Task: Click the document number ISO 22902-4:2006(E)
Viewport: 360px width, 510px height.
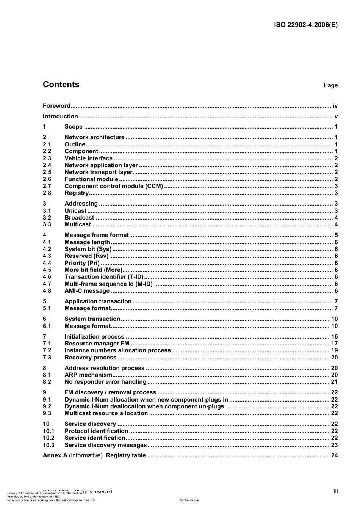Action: pos(305,25)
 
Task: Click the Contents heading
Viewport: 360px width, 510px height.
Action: pos(61,85)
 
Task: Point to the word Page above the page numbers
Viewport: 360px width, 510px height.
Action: pos(330,85)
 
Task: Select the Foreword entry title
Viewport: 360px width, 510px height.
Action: pos(56,106)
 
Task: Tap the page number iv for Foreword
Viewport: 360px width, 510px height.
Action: pos(335,106)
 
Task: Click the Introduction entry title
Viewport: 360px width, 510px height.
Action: pos(60,116)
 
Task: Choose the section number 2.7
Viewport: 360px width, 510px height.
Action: pos(47,186)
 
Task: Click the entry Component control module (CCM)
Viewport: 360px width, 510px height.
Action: pos(114,186)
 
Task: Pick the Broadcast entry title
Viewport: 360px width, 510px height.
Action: pos(79,218)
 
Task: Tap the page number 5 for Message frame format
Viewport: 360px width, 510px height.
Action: pos(336,235)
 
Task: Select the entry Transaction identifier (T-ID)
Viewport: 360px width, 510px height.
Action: pos(104,277)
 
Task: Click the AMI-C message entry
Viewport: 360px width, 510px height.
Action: pos(87,291)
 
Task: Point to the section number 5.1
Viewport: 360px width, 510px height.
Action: pos(47,308)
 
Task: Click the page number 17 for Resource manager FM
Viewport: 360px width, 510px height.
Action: pos(334,344)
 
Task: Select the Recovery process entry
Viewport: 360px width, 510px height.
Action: pos(91,358)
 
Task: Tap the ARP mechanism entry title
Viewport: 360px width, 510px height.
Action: pos(88,375)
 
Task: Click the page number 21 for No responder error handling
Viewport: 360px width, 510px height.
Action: pos(334,382)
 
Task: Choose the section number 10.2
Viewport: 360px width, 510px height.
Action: pos(49,438)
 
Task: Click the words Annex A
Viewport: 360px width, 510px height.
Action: pos(55,455)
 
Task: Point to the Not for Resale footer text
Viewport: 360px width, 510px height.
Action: pos(189,500)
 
